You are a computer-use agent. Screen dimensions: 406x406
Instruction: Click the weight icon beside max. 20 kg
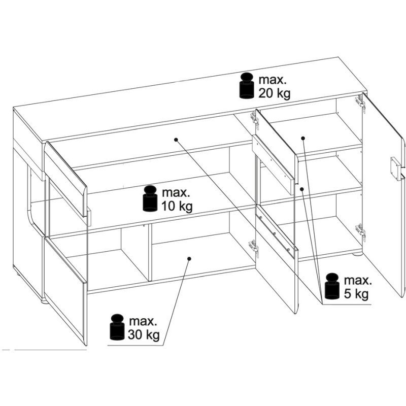pyautogui.click(x=247, y=86)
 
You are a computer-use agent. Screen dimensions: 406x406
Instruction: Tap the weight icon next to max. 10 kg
pyautogui.click(x=150, y=198)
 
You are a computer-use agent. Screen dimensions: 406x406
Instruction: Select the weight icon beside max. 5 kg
pyautogui.click(x=332, y=286)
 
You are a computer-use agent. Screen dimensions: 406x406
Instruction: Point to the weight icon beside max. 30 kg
pyautogui.click(x=117, y=327)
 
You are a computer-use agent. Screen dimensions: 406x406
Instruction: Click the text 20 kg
pyautogui.click(x=275, y=94)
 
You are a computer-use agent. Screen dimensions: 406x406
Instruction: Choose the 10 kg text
pyautogui.click(x=177, y=207)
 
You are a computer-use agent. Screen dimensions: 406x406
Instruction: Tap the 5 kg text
pyautogui.click(x=356, y=294)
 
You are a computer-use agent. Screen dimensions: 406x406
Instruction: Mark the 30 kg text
pyautogui.click(x=144, y=335)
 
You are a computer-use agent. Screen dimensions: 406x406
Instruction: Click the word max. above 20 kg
pyautogui.click(x=273, y=80)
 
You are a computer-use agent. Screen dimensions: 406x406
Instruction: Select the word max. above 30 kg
pyautogui.click(x=143, y=321)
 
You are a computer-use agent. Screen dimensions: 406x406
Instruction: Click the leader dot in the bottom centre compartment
pyautogui.click(x=189, y=259)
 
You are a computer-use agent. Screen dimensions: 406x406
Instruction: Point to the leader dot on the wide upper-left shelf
pyautogui.click(x=176, y=140)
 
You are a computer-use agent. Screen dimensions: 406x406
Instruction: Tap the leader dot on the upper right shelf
pyautogui.click(x=303, y=138)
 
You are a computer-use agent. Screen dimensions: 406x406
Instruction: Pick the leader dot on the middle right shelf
pyautogui.click(x=301, y=189)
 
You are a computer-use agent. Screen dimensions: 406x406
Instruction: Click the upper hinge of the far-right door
pyautogui.click(x=361, y=104)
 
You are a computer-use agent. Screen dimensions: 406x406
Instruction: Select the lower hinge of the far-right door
pyautogui.click(x=361, y=231)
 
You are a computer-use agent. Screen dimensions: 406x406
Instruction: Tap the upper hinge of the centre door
pyautogui.click(x=254, y=121)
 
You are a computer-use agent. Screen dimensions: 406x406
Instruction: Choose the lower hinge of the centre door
pyautogui.click(x=253, y=249)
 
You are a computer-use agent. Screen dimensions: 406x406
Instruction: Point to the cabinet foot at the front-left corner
pyautogui.click(x=44, y=301)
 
